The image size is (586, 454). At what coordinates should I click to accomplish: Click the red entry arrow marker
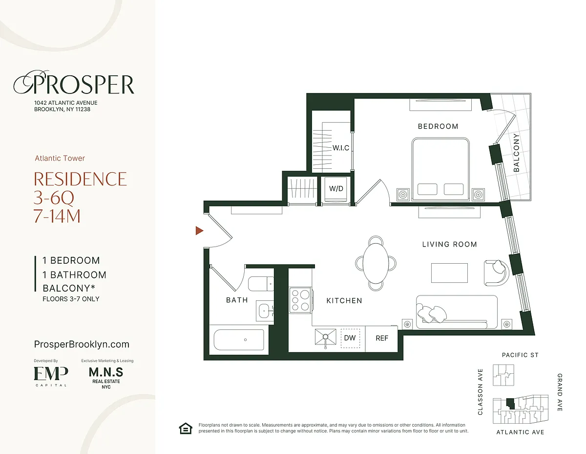(x=199, y=230)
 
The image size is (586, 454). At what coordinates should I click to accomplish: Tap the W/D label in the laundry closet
(x=336, y=188)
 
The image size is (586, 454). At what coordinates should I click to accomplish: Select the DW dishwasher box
(x=350, y=338)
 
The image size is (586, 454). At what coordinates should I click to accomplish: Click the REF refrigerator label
(x=382, y=338)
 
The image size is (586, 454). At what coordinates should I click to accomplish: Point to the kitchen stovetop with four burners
(x=301, y=300)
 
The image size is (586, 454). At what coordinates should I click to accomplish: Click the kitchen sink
(x=326, y=337)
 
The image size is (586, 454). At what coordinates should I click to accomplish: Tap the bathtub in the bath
(x=239, y=340)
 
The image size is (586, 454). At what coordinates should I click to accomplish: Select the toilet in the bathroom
(x=261, y=284)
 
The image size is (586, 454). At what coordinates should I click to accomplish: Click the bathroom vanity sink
(x=265, y=311)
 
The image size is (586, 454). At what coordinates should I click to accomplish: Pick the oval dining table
(x=376, y=263)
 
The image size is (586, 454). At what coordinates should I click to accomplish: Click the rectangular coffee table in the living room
(x=449, y=273)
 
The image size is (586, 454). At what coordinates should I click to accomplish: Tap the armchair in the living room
(x=496, y=273)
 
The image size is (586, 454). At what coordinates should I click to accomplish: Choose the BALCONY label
(x=516, y=153)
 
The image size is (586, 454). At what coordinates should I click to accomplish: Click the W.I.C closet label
(x=341, y=148)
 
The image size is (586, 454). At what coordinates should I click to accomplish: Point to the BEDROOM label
(x=438, y=126)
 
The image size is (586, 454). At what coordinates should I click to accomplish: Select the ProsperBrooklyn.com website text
(x=82, y=344)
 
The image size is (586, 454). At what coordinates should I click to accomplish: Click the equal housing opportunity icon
(x=186, y=429)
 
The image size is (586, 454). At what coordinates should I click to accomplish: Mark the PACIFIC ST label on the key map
(x=520, y=355)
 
